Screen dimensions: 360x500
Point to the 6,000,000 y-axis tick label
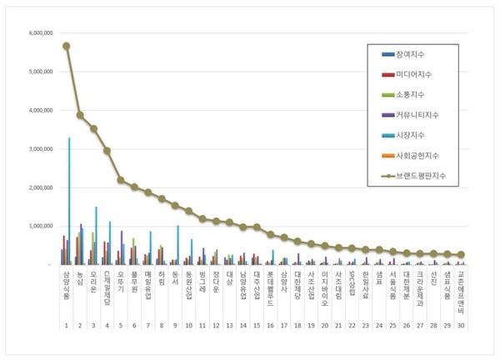42,33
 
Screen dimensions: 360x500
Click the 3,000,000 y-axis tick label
42,149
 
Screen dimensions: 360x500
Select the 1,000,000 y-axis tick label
42,226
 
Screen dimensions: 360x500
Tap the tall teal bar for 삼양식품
69,200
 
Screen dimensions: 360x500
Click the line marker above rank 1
66,46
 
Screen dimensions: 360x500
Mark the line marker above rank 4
107,151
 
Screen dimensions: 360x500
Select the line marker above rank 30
461,255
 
